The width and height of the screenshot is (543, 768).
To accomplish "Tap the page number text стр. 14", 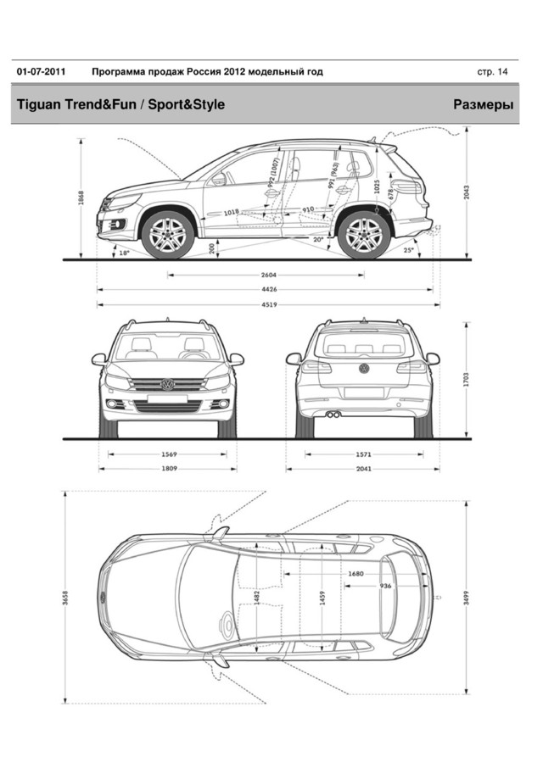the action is (x=493, y=72).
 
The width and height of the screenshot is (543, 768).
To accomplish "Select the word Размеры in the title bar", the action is (x=484, y=105).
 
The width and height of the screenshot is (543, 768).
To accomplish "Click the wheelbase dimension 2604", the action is (x=269, y=275).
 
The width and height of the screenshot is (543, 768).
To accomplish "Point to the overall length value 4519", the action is (x=269, y=304).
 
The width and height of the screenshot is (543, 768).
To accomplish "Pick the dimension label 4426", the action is (x=269, y=290).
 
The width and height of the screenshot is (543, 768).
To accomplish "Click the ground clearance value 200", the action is (x=211, y=248).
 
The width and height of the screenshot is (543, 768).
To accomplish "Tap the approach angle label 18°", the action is (x=124, y=253).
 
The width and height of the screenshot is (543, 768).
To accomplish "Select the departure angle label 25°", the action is (x=409, y=251).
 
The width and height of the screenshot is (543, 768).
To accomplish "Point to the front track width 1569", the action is (x=169, y=454).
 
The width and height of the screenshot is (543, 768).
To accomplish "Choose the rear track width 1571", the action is (x=362, y=454).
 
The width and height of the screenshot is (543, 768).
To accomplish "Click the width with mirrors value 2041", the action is (x=362, y=469).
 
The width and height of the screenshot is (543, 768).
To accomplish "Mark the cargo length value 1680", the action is (x=355, y=574).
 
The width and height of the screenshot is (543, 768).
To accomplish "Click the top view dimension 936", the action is (x=385, y=586).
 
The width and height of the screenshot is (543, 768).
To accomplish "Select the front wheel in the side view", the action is (x=167, y=234).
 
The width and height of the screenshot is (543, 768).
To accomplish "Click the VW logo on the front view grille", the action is (x=167, y=384).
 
